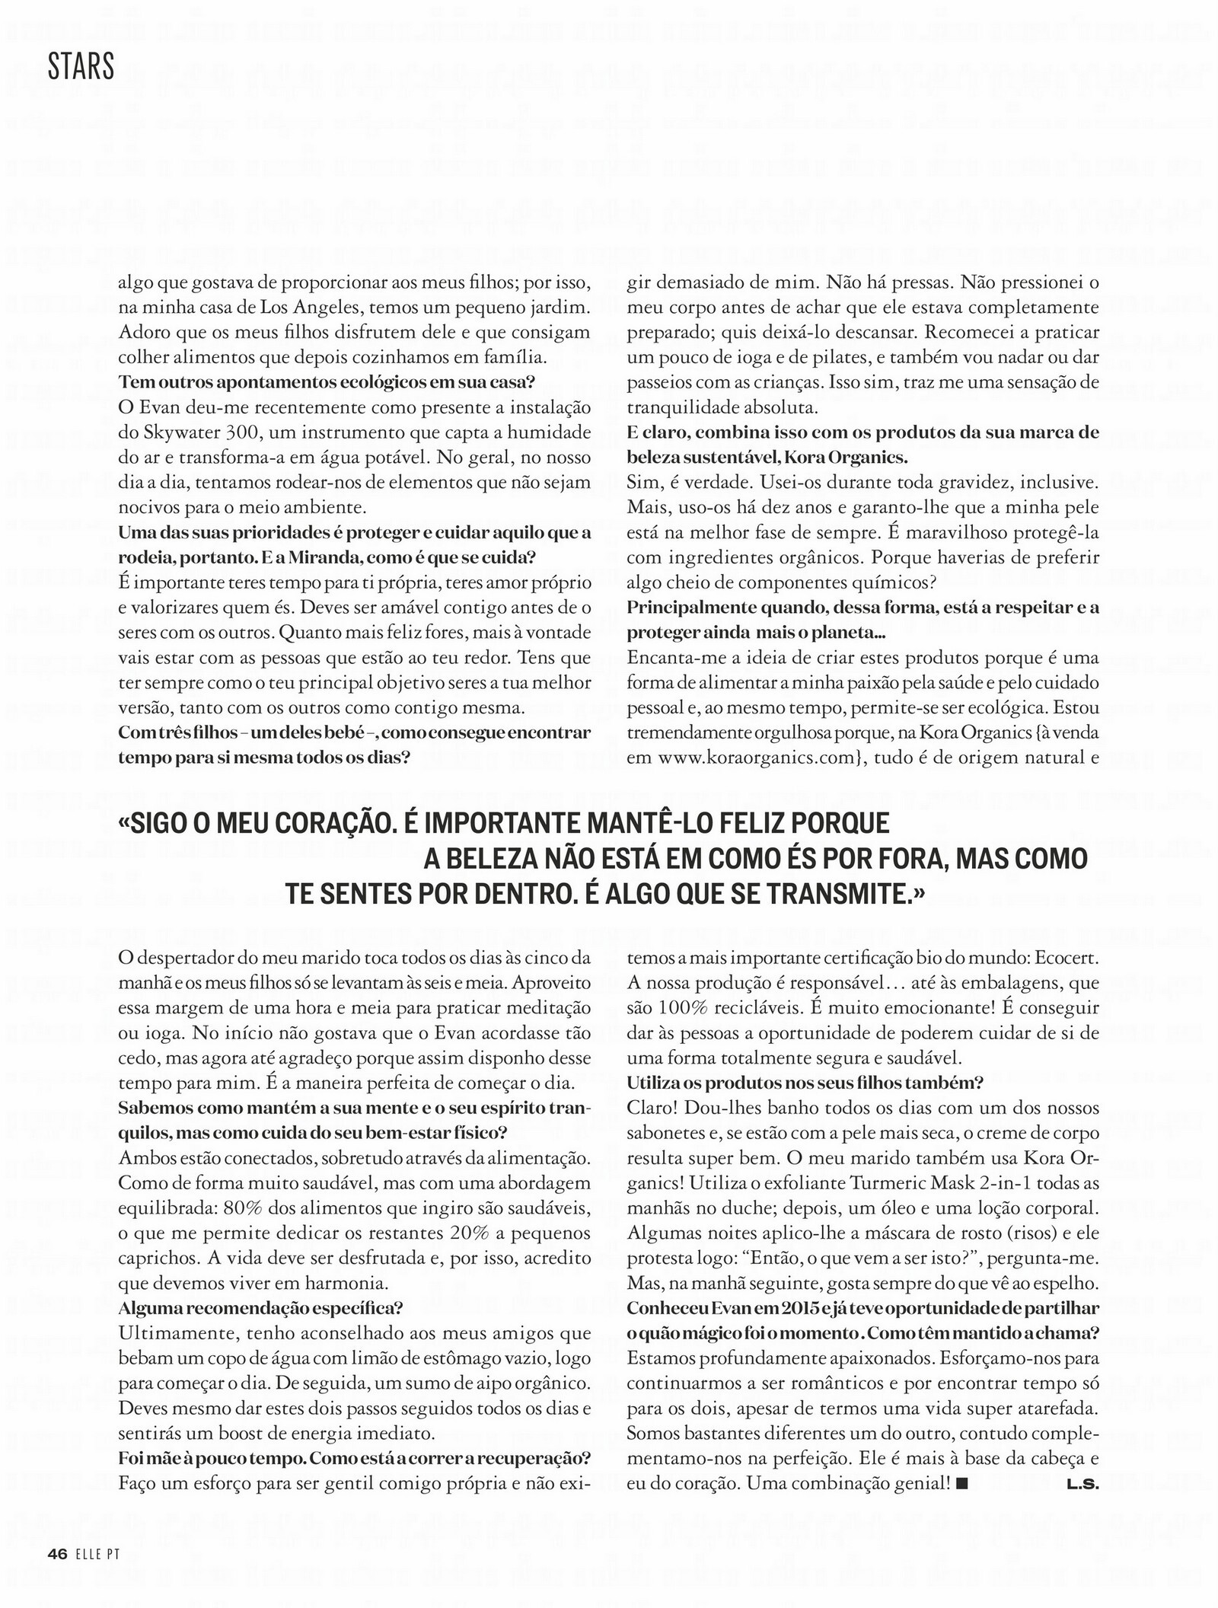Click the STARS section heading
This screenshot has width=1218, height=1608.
[x=81, y=68]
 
